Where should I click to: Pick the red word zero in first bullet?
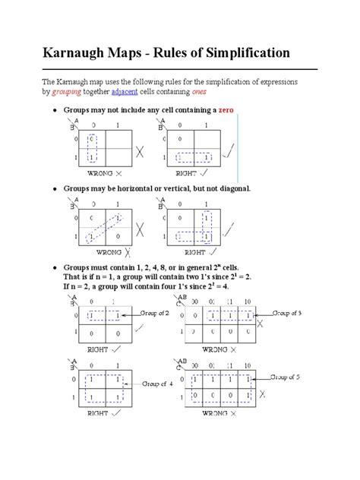coord(227,110)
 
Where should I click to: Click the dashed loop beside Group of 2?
coord(104,315)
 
